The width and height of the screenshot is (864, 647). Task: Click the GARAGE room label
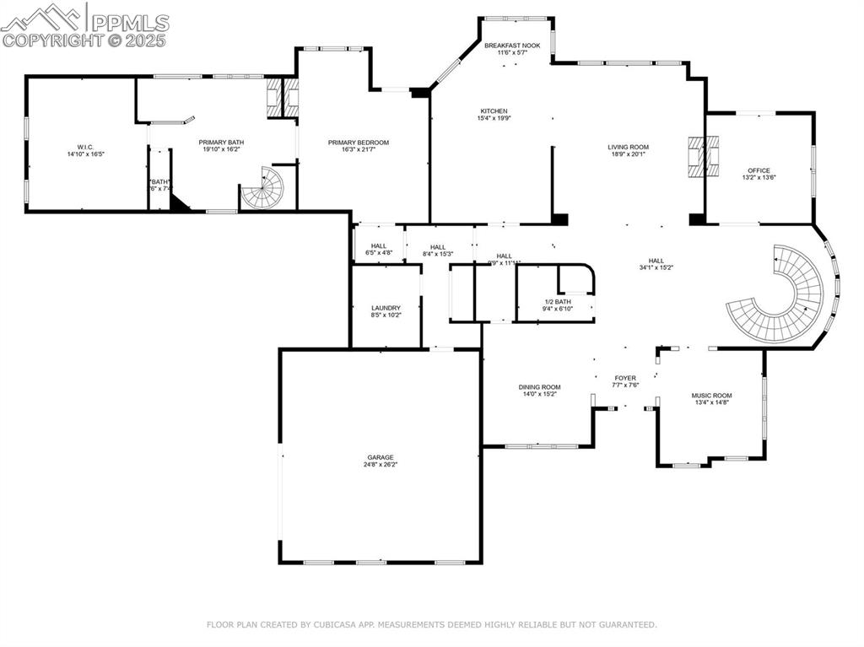[380, 456]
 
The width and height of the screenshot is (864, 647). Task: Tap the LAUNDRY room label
[386, 308]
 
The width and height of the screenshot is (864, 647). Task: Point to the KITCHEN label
[494, 111]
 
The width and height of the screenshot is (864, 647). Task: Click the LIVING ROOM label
[628, 147]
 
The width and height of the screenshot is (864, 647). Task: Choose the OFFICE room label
[759, 170]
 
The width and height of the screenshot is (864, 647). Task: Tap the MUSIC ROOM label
[711, 396]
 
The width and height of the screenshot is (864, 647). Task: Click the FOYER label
[624, 378]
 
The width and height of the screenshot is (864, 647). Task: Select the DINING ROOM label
[539, 387]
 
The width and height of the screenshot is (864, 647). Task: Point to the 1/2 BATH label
[557, 302]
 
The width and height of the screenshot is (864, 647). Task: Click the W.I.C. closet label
[84, 148]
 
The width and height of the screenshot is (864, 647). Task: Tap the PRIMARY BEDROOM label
[359, 143]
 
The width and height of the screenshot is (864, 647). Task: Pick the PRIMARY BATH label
[220, 143]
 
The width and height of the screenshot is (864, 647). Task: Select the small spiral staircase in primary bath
[264, 188]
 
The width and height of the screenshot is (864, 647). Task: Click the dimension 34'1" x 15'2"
[656, 267]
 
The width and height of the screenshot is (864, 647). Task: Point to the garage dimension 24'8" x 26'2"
[380, 464]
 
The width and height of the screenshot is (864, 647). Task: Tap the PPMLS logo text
[130, 23]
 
